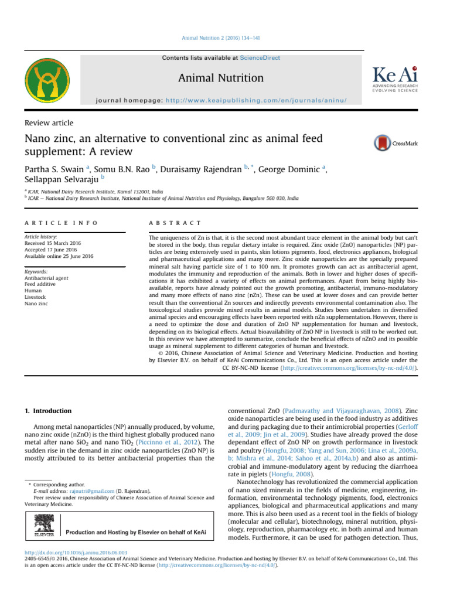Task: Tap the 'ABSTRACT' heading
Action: click(x=176, y=223)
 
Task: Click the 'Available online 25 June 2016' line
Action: click(x=59, y=256)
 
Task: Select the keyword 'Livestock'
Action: click(x=36, y=298)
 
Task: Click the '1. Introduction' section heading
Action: click(x=49, y=411)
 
